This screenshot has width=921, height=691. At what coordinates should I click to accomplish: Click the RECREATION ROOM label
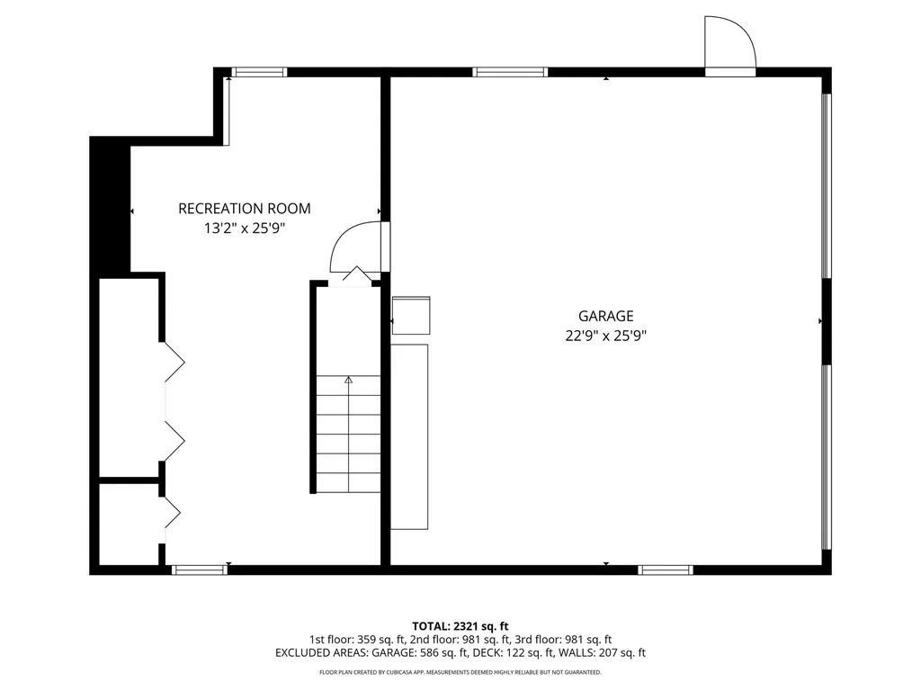click(244, 209)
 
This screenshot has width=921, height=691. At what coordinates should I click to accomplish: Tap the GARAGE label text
click(605, 316)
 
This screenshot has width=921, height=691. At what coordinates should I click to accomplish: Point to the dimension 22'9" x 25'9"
click(605, 336)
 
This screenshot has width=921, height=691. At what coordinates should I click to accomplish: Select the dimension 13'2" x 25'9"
click(244, 229)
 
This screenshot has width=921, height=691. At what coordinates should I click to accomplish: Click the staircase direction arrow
click(349, 381)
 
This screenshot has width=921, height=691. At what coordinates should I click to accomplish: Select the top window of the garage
click(510, 72)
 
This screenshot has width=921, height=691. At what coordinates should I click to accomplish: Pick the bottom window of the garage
click(666, 570)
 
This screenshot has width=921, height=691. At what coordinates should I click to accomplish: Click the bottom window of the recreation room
click(199, 570)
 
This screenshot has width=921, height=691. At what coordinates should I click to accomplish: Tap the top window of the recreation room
click(259, 72)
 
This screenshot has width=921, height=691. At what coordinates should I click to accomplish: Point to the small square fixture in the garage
click(411, 315)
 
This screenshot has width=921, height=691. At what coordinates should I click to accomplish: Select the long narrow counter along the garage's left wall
click(409, 436)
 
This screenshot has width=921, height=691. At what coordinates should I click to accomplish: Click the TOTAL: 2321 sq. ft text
click(460, 625)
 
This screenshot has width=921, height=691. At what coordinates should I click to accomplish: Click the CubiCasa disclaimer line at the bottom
click(460, 672)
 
